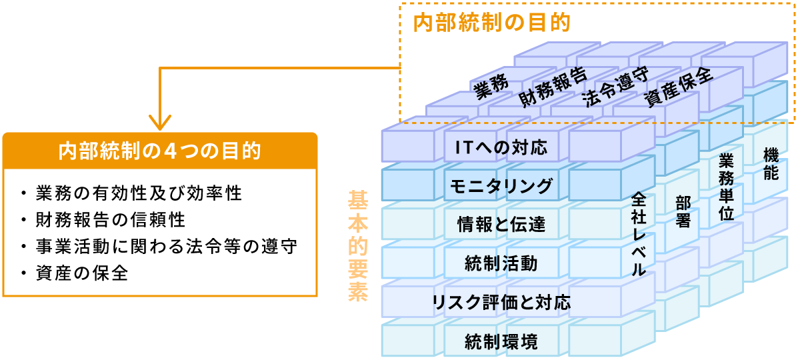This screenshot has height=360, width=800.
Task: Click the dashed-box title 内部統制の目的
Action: (x=491, y=23)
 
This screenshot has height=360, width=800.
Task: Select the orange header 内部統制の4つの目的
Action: (x=159, y=151)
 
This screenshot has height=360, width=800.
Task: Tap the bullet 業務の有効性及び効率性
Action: (x=139, y=193)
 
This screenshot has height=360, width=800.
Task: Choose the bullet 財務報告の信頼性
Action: (x=111, y=219)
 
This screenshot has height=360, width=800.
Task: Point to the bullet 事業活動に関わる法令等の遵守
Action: (x=166, y=247)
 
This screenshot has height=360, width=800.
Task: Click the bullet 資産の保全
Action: (x=82, y=273)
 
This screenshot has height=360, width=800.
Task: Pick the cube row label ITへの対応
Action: (x=501, y=147)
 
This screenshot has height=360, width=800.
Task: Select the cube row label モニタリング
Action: (x=501, y=186)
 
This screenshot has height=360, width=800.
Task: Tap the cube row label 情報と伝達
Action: (x=501, y=225)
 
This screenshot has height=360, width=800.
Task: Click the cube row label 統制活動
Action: (x=501, y=263)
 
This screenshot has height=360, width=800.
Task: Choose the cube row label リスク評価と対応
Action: (x=501, y=303)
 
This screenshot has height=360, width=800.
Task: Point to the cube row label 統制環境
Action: (x=501, y=341)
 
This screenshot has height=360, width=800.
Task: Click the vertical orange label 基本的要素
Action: (x=358, y=246)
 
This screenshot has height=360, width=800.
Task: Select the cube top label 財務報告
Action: (x=553, y=87)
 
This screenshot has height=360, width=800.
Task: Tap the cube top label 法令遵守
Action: (x=615, y=87)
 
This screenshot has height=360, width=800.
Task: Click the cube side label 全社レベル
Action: (x=639, y=234)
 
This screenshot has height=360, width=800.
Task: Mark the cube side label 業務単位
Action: (x=727, y=187)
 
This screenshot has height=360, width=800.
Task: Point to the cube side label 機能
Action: (x=771, y=164)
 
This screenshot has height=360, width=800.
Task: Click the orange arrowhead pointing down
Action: (x=159, y=123)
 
